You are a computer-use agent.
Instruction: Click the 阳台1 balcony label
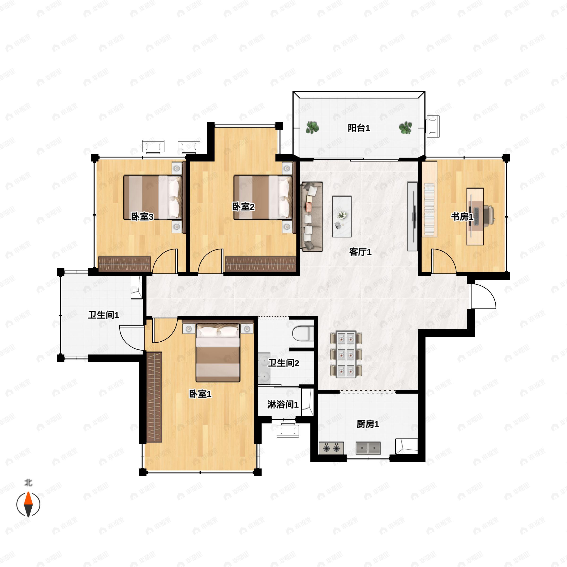(359, 128)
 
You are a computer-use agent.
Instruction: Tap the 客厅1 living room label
(360, 252)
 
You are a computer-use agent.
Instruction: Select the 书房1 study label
(462, 217)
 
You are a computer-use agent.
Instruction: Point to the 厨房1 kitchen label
(368, 424)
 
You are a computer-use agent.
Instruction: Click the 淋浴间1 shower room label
(283, 405)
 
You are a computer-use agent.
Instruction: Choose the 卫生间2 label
(284, 363)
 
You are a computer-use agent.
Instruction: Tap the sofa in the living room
(312, 217)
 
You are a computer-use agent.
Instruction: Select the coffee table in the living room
(342, 217)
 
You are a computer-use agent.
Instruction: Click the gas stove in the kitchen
(331, 448)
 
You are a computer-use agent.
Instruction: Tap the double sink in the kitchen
(368, 448)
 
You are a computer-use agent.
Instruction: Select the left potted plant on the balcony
(313, 128)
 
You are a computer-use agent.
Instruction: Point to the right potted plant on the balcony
(405, 128)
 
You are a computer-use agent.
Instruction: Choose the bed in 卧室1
(218, 353)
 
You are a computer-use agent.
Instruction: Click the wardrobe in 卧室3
(125, 264)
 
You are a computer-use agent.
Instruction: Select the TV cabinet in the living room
(412, 217)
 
